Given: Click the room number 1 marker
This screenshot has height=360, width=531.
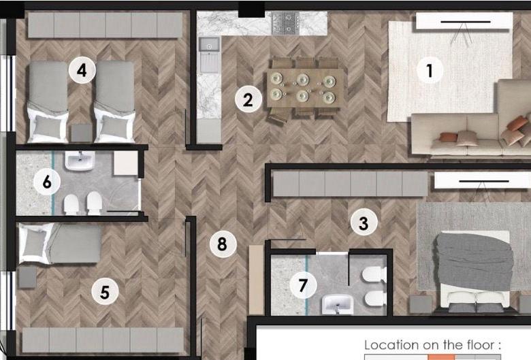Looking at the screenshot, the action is tap(430, 71).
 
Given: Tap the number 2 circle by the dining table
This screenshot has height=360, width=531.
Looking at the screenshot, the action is tap(248, 99).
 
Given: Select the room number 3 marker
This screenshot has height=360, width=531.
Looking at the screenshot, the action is tap(364, 223).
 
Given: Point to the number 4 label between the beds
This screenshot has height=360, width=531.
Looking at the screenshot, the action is tap(82, 71).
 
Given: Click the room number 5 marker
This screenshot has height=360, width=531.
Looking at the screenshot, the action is tap(105, 291).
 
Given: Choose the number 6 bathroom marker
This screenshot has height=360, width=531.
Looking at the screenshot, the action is tap(47, 182).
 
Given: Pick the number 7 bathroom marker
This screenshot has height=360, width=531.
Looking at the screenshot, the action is tap(303, 285).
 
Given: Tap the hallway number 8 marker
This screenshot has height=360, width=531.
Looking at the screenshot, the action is tap(223, 244).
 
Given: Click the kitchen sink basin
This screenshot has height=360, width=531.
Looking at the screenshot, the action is tap(209, 44).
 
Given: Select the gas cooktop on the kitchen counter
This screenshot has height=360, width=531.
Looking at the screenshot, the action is tap(286, 23).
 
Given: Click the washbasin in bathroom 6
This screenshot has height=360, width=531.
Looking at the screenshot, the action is tap(80, 161).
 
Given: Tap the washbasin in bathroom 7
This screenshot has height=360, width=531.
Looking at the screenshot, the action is tap(338, 304).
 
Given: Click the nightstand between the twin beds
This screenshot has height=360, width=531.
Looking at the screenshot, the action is tap(81, 133).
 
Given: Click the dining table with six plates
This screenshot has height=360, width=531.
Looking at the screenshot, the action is tap(306, 88).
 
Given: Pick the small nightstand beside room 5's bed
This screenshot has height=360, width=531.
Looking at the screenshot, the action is tap(27, 277).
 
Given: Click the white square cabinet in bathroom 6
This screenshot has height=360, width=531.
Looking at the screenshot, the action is tap(126, 163).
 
